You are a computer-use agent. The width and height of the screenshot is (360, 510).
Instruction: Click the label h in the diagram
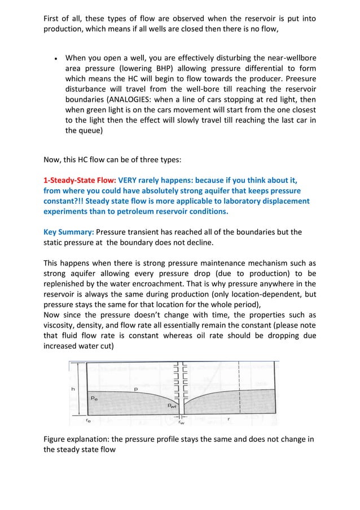coord(72,389)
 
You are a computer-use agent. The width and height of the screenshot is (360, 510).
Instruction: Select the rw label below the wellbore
coord(181,422)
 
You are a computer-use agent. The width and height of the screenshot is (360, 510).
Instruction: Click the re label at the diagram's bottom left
coord(88,420)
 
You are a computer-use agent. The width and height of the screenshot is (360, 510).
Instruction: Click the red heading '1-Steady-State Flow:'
coord(80,180)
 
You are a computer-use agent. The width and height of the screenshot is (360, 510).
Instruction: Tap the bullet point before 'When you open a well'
coord(55,58)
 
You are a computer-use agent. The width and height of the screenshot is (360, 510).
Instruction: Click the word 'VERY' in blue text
coord(130,180)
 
